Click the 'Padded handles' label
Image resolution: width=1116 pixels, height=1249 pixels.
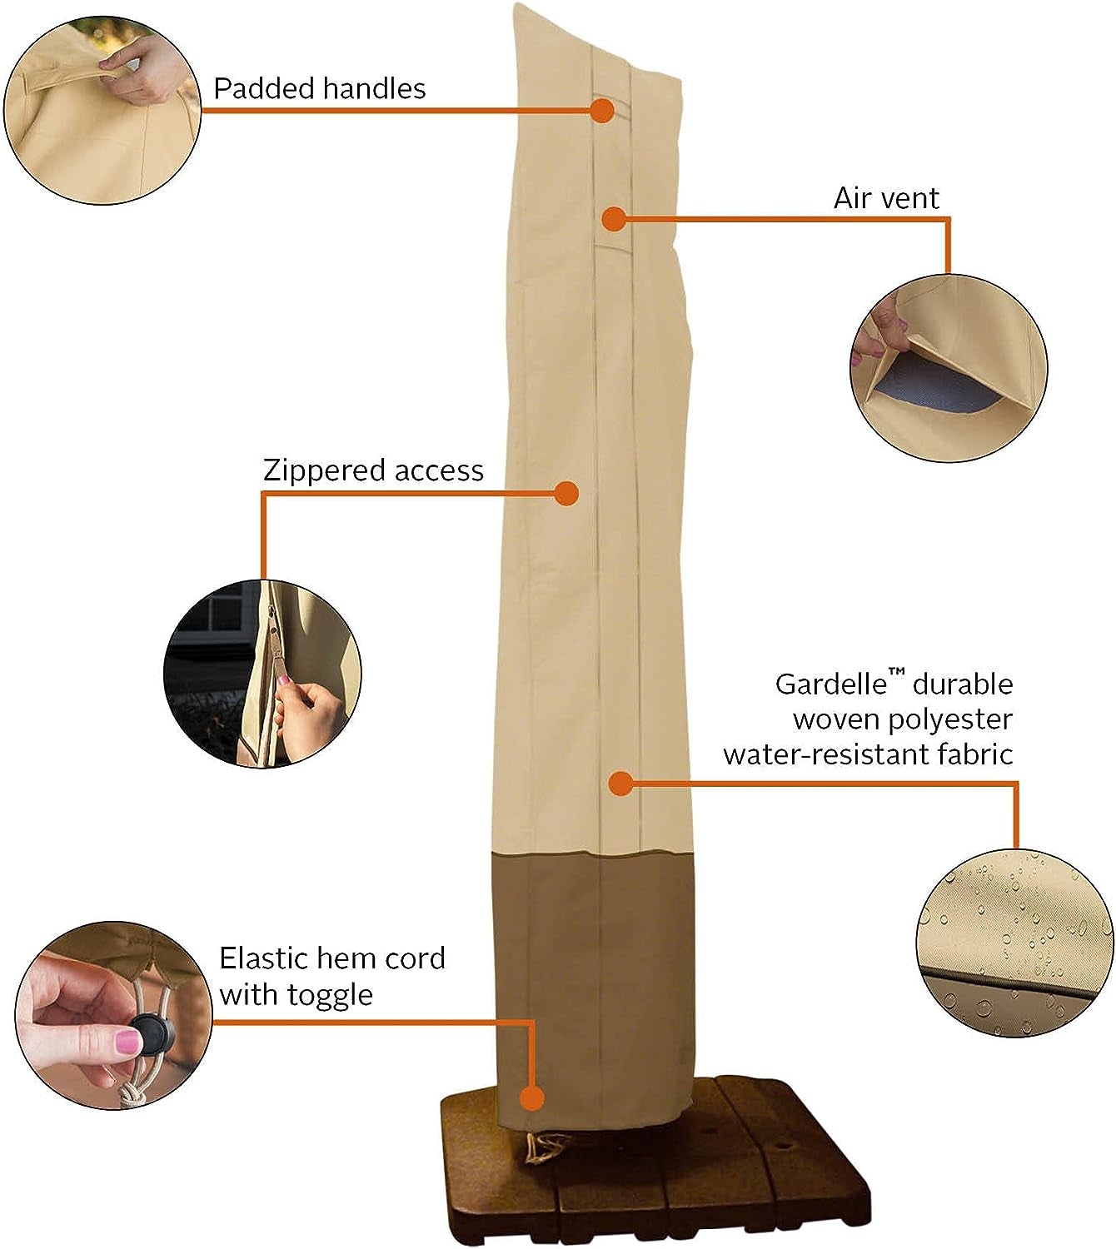(x=319, y=88)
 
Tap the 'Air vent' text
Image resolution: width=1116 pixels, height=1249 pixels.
(x=886, y=198)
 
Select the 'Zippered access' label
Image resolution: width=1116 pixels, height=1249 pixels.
(x=373, y=470)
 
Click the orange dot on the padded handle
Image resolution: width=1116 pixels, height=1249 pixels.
(x=602, y=110)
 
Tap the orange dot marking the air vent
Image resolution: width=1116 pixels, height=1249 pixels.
(x=613, y=219)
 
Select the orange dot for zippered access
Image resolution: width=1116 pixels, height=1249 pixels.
(x=566, y=493)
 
